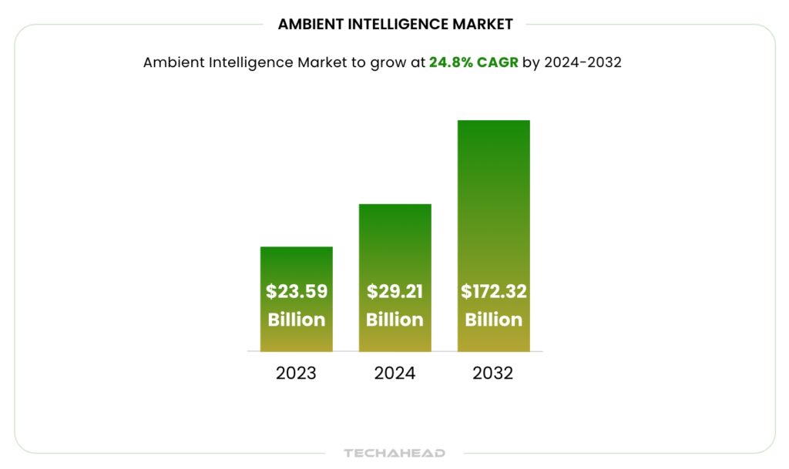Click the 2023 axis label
(x=296, y=374)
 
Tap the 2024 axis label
(x=394, y=374)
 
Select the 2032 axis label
(x=493, y=374)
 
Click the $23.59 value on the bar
(x=297, y=292)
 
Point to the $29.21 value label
(x=394, y=292)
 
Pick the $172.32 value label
(x=493, y=292)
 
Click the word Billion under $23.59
(x=297, y=320)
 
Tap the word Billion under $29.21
(x=394, y=320)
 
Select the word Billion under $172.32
(x=493, y=320)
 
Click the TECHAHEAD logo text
(x=394, y=453)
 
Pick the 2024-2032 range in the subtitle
(x=583, y=63)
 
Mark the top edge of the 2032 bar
(x=493, y=121)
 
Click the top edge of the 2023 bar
(x=297, y=247)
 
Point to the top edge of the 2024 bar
(x=394, y=205)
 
